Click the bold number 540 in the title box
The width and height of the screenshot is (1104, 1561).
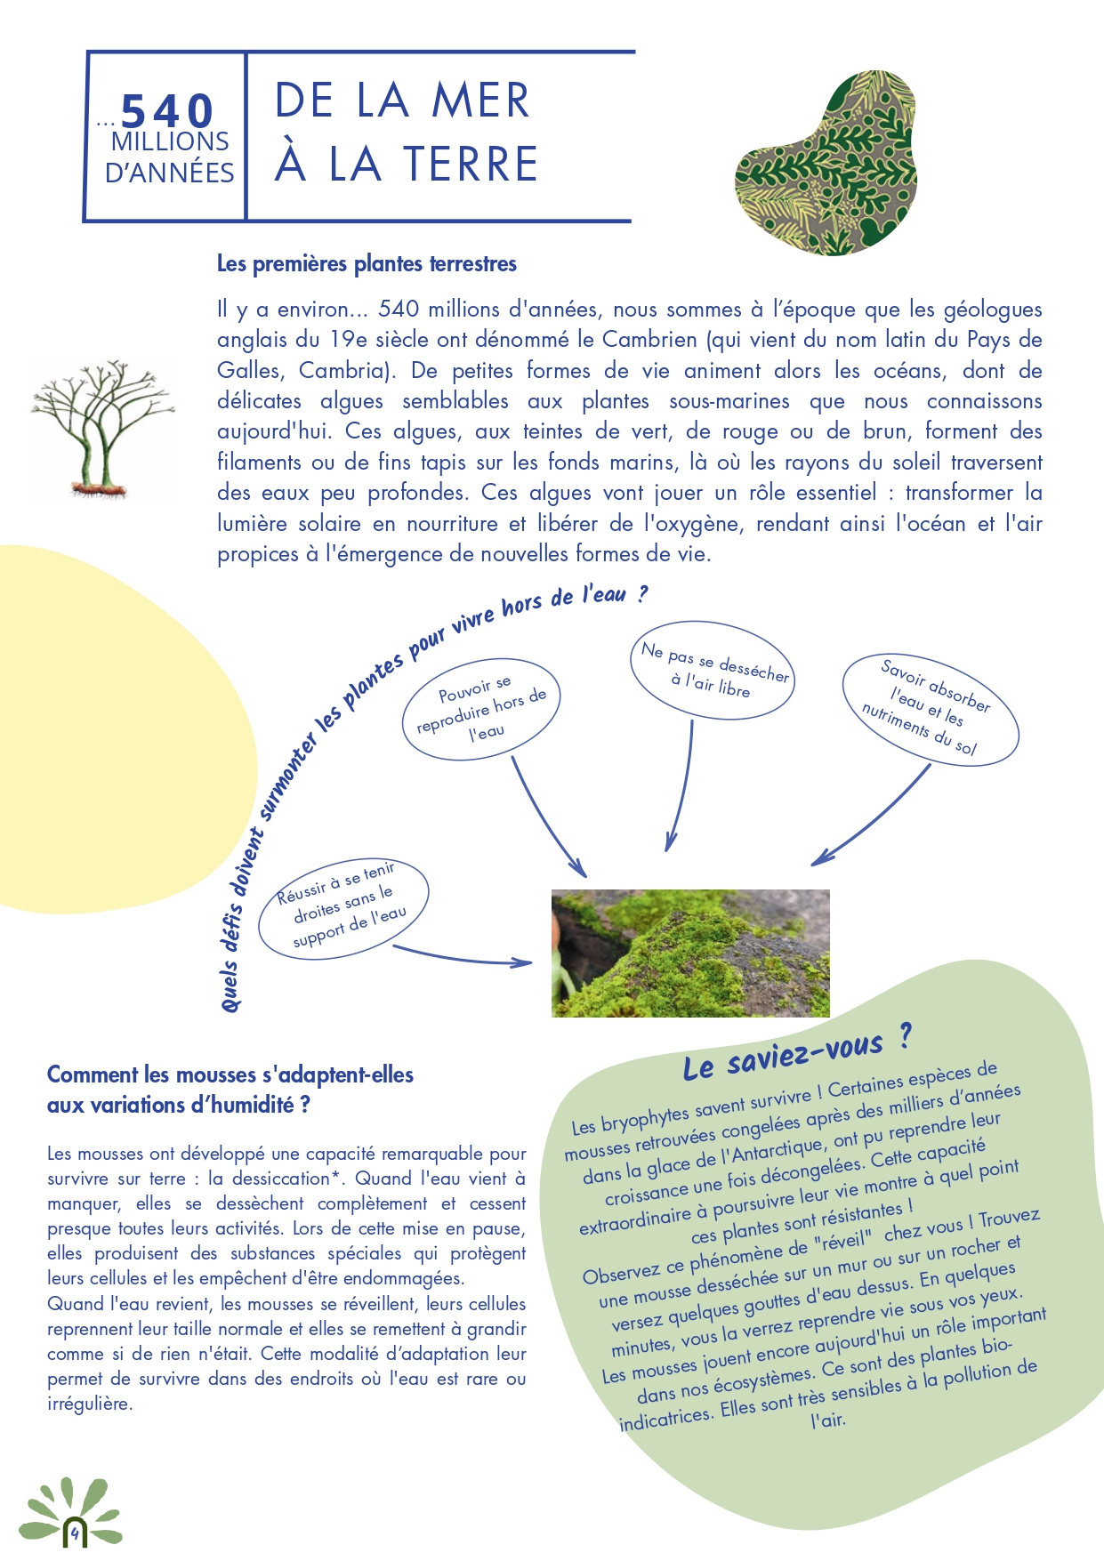(x=167, y=111)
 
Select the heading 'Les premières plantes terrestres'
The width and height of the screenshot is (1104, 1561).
(x=367, y=264)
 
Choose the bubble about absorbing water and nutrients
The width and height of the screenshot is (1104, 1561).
(x=929, y=710)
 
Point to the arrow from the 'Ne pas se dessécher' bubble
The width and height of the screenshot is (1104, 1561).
(x=681, y=783)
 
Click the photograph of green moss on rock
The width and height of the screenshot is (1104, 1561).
(x=690, y=953)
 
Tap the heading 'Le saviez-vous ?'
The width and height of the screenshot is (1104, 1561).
(x=796, y=1053)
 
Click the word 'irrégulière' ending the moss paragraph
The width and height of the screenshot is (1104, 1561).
(x=90, y=1404)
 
